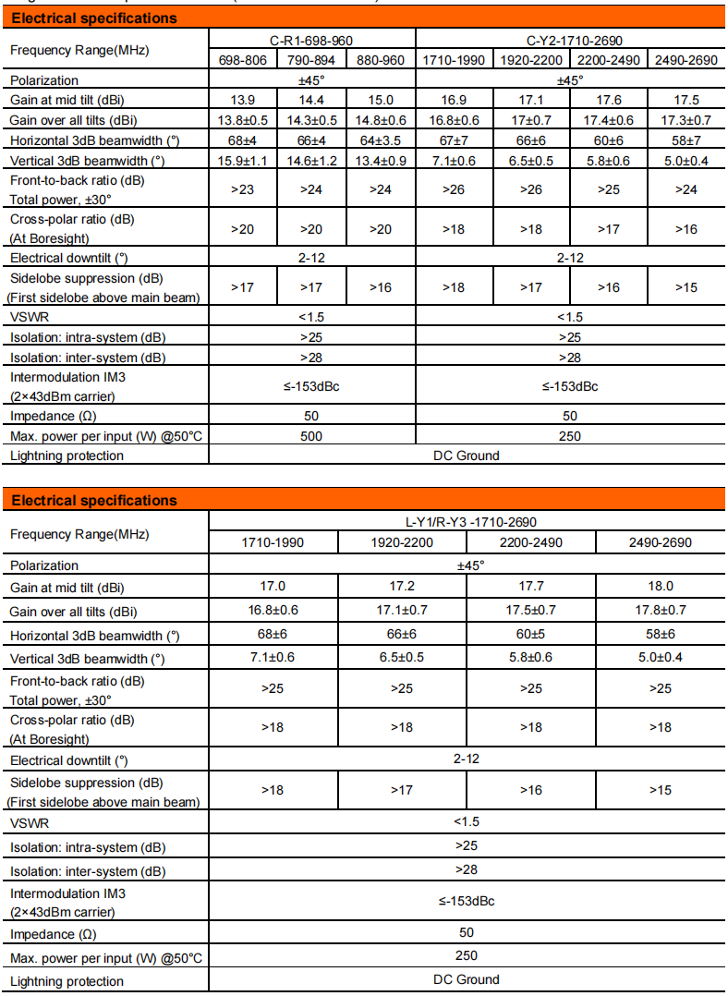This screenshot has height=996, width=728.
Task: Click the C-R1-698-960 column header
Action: (x=311, y=41)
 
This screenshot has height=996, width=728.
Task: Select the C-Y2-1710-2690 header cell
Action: (x=570, y=41)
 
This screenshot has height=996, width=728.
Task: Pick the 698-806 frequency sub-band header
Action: (x=242, y=60)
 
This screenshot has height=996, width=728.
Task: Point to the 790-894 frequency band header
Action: (x=311, y=60)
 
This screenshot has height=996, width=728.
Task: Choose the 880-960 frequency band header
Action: (x=381, y=60)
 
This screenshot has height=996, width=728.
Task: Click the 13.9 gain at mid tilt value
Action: (x=242, y=100)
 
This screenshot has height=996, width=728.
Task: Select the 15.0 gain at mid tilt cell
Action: (x=381, y=100)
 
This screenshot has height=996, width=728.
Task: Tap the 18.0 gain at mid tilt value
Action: (x=661, y=586)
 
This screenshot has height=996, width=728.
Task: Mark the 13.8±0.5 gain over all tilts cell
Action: (x=242, y=120)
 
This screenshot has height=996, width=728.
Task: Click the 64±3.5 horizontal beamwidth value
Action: (x=381, y=140)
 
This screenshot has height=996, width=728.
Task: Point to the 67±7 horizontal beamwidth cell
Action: (x=454, y=140)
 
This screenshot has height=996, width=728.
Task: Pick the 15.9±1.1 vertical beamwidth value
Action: (x=242, y=161)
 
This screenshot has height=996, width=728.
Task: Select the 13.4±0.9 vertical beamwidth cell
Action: (x=381, y=161)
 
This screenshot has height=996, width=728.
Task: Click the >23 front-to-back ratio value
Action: (x=242, y=189)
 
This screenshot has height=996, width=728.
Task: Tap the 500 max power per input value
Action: (x=311, y=435)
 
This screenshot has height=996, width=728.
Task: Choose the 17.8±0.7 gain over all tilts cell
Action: (x=661, y=610)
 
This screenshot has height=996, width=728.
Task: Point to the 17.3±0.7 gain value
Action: (x=686, y=120)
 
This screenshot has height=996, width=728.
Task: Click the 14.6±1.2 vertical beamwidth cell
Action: (x=311, y=161)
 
